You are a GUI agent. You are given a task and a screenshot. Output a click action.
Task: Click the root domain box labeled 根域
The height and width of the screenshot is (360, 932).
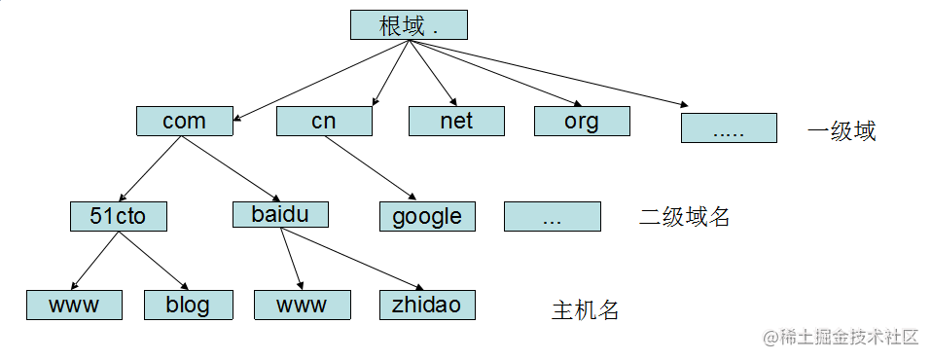point(409,25)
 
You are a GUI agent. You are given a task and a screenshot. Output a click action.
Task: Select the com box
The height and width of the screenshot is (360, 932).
point(184,121)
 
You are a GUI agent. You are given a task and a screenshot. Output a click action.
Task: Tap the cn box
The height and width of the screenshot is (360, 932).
point(324,121)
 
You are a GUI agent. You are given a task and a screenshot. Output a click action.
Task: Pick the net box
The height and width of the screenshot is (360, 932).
point(456,121)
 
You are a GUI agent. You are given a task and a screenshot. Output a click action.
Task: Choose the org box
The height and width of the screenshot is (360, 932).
point(582,121)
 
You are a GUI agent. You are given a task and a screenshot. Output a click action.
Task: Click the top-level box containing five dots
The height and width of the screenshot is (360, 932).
point(729,128)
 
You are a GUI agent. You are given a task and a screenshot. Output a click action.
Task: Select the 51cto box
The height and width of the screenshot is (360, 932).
point(118,216)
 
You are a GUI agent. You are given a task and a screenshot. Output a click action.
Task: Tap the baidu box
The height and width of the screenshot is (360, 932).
point(280,214)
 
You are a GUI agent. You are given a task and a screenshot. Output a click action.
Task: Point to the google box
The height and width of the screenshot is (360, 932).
point(427,216)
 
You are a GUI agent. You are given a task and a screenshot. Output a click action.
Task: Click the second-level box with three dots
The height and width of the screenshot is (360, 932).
point(552,217)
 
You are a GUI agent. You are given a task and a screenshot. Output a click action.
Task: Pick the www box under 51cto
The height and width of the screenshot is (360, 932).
point(74,305)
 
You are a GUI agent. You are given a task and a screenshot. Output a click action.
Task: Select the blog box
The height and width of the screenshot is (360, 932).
point(188,305)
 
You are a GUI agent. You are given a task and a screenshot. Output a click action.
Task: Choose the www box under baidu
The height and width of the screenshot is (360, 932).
point(302,305)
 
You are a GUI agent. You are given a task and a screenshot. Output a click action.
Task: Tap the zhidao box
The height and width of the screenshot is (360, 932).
point(427,305)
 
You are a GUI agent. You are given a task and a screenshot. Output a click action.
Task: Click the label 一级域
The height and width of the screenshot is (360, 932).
point(842,131)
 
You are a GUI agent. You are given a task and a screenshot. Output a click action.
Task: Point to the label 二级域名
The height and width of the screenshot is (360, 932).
point(684,217)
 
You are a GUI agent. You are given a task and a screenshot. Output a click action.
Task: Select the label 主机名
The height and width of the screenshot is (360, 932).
point(585,311)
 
